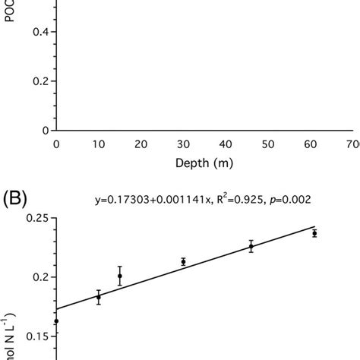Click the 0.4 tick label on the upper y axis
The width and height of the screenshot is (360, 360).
35,32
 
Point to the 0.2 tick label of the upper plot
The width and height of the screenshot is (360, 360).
35,81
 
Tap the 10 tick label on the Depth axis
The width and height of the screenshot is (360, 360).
97,144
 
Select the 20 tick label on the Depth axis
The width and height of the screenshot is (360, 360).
140,144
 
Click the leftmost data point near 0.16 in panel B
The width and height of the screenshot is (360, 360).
55,321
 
